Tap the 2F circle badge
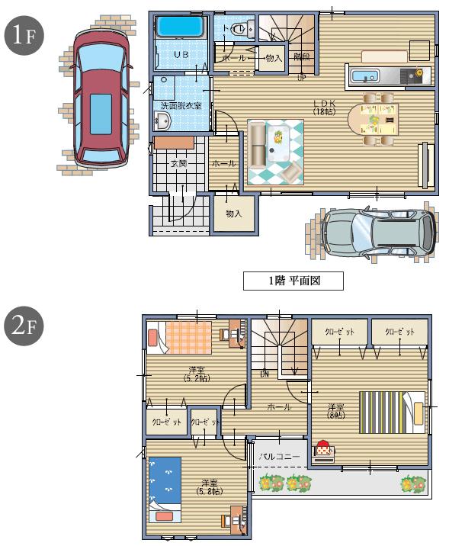[23, 326]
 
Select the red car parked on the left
[99, 97]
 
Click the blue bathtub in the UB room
[181, 27]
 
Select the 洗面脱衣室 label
[181, 105]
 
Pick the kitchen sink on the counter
[365, 77]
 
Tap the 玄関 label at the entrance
[178, 163]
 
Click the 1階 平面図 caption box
[293, 281]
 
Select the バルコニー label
[278, 456]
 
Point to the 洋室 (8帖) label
[335, 410]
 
